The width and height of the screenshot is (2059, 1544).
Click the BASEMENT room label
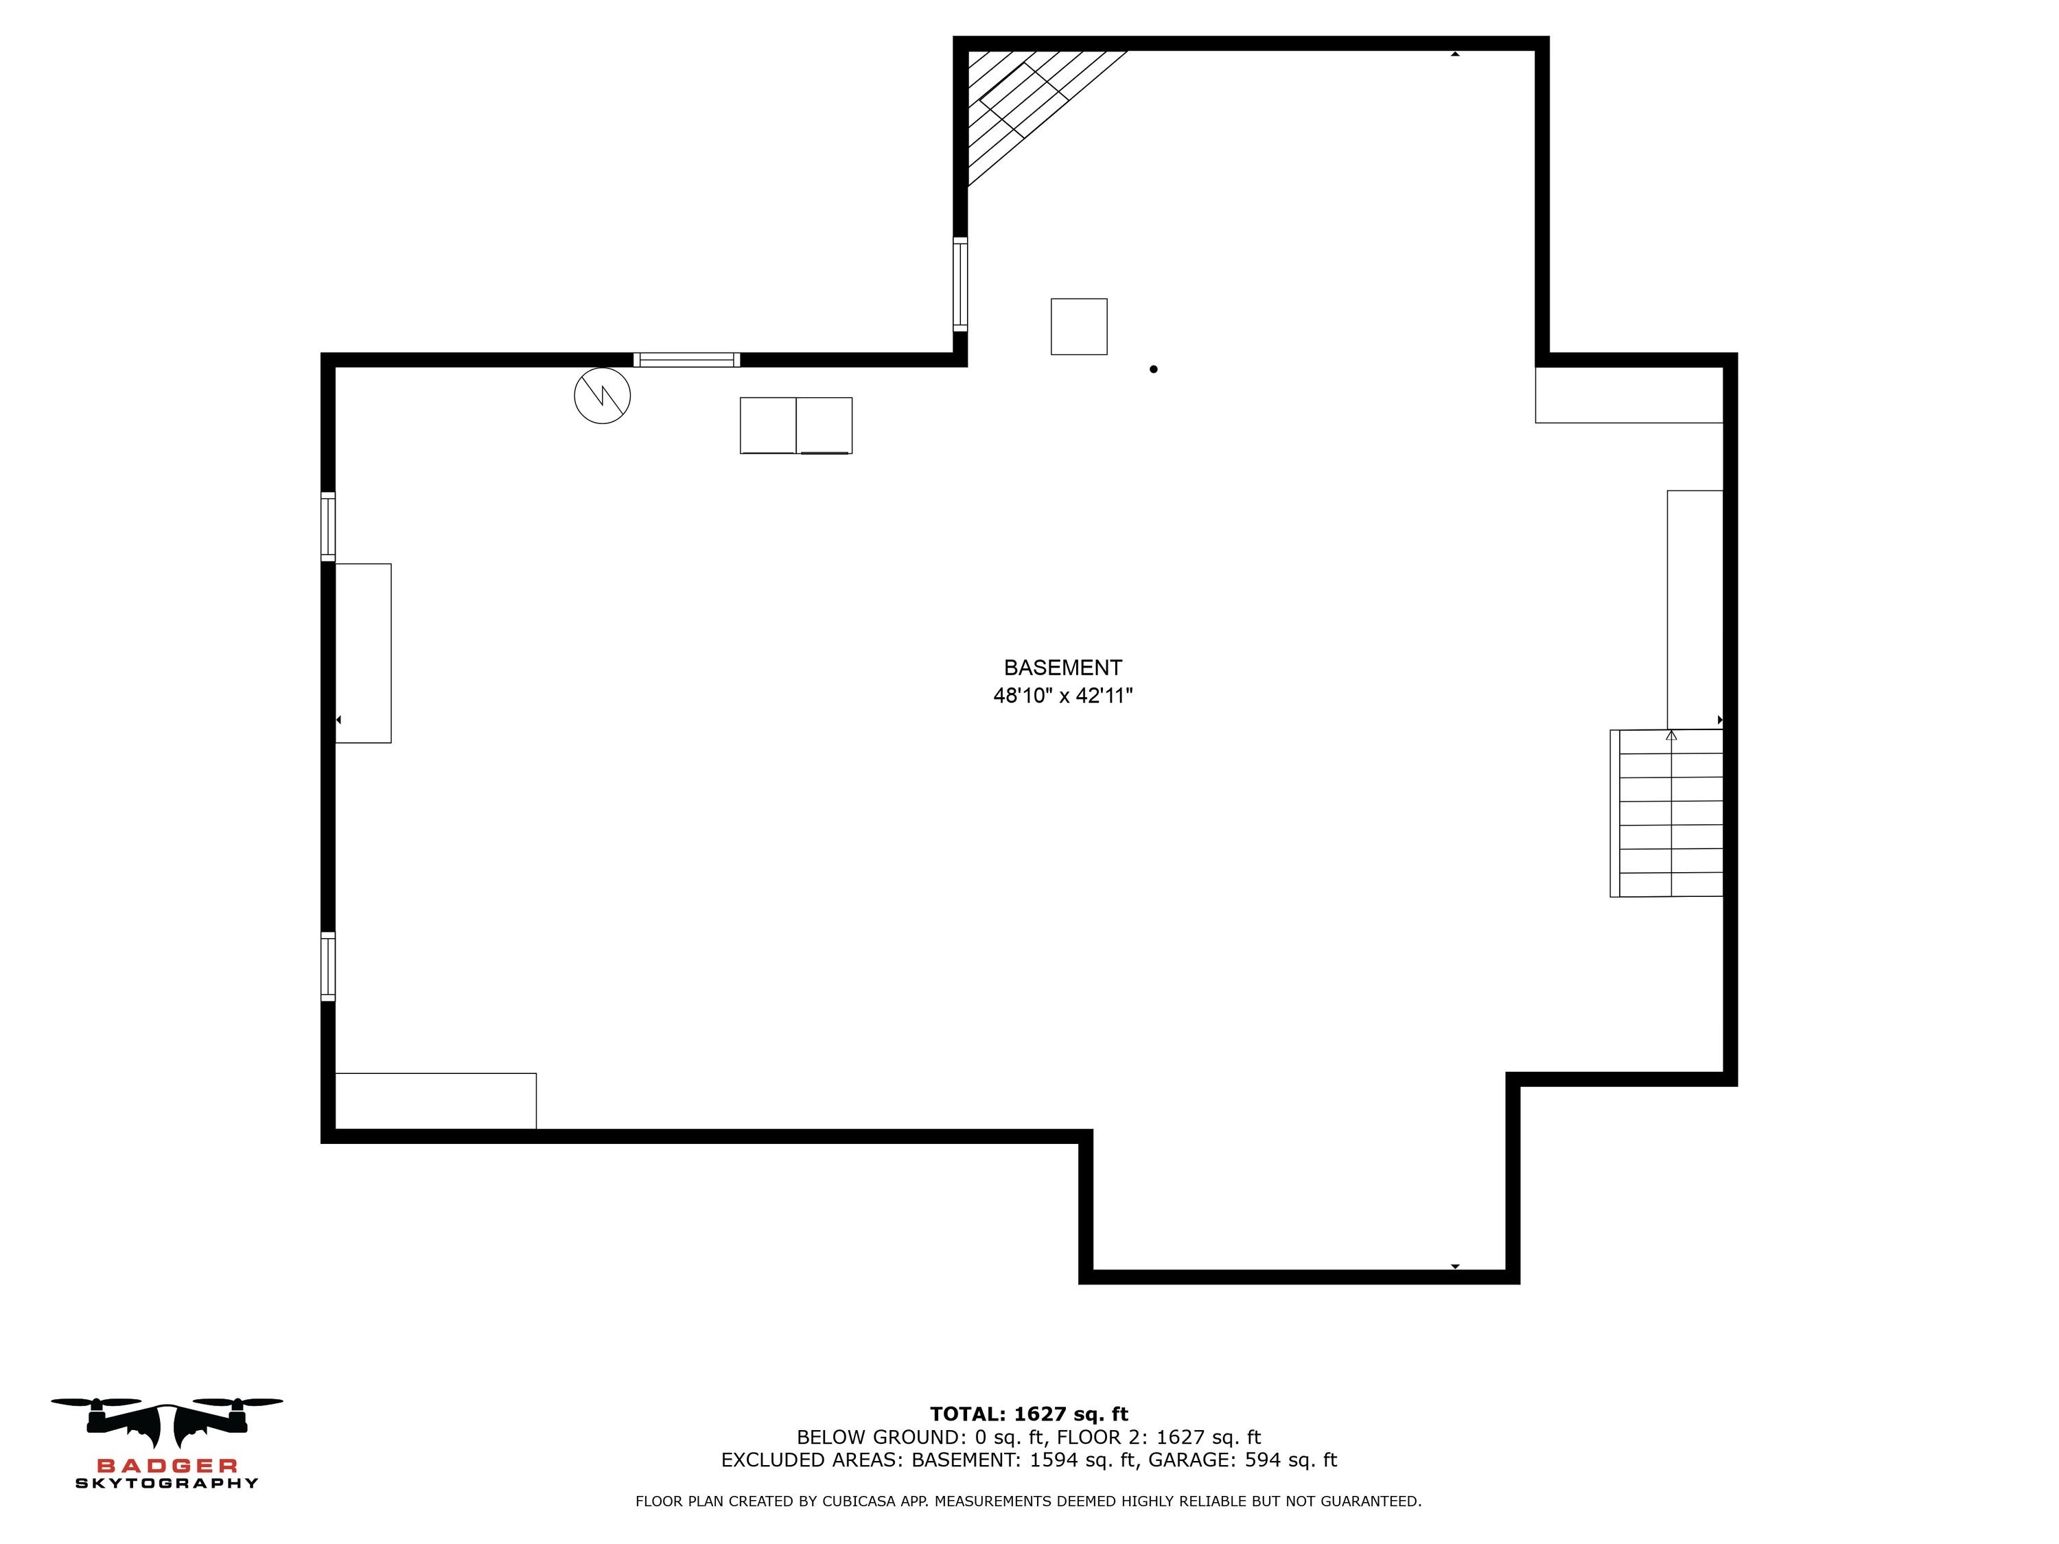pos(1062,667)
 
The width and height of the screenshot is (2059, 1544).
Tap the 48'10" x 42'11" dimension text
pos(1062,695)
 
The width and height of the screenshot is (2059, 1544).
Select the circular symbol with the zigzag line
pos(602,395)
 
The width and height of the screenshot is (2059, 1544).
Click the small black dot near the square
pos(1153,369)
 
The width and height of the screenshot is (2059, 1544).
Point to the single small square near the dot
pos(1079,327)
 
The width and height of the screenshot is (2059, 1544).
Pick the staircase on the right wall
pos(1666,813)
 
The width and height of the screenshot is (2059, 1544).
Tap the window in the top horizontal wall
pos(687,360)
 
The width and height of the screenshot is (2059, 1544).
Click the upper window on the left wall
pos(327,527)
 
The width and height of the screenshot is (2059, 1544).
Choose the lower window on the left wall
pos(327,966)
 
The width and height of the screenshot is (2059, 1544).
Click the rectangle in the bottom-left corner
pos(436,1101)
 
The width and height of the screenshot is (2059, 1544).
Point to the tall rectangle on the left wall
pos(363,653)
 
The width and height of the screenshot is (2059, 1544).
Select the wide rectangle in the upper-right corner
pos(1629,395)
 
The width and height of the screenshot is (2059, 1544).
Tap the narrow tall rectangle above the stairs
pos(1695,609)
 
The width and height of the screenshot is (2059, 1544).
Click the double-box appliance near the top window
pos(796,425)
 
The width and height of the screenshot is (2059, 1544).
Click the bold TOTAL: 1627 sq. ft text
pos(1029,1414)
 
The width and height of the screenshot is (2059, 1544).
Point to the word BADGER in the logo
pos(167,1466)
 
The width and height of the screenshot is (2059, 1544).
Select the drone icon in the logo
pos(167,1422)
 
